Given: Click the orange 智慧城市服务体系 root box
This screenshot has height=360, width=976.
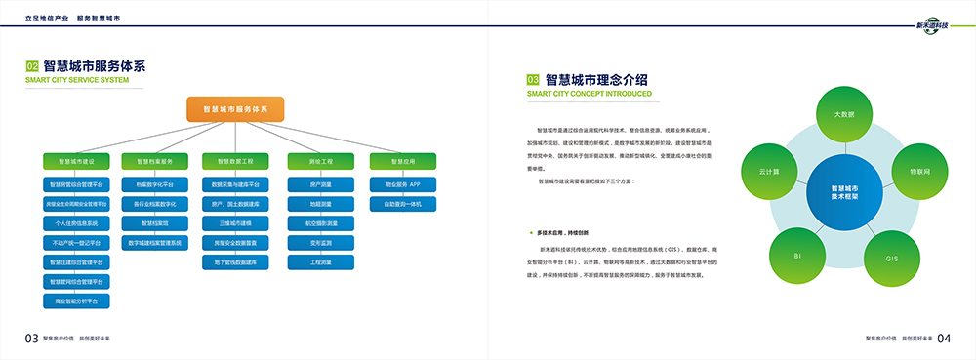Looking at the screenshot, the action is [235, 109].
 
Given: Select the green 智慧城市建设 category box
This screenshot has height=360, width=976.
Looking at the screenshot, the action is [76, 160].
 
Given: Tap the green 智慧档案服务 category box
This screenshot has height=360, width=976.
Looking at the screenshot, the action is [154, 160].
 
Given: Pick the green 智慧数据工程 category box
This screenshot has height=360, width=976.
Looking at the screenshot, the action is [234, 160].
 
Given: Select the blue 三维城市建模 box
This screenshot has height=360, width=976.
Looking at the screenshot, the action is [234, 223].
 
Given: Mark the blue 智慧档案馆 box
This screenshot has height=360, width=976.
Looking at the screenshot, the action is [154, 223].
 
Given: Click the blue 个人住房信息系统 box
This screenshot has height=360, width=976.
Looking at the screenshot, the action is [76, 223].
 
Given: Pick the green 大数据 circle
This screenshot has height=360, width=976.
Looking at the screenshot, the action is [844, 115].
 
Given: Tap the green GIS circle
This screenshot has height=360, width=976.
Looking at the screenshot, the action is [891, 259].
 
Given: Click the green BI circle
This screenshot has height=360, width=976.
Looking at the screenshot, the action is [797, 256].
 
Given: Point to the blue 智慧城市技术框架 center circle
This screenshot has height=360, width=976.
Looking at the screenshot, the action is [844, 192].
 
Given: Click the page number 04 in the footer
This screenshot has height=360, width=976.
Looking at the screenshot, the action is [944, 339].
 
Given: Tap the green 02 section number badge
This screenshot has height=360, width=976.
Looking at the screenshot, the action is [32, 66].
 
